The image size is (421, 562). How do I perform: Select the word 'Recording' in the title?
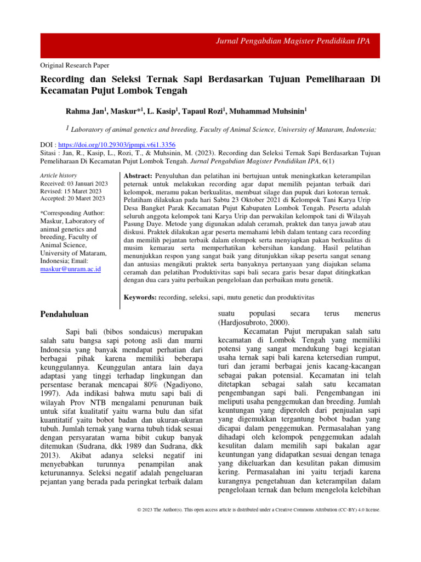(65, 79)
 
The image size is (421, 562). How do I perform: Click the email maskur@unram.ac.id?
(71, 269)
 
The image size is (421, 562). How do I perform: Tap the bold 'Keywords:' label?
(140, 297)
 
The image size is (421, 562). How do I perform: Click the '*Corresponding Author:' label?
(72, 212)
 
